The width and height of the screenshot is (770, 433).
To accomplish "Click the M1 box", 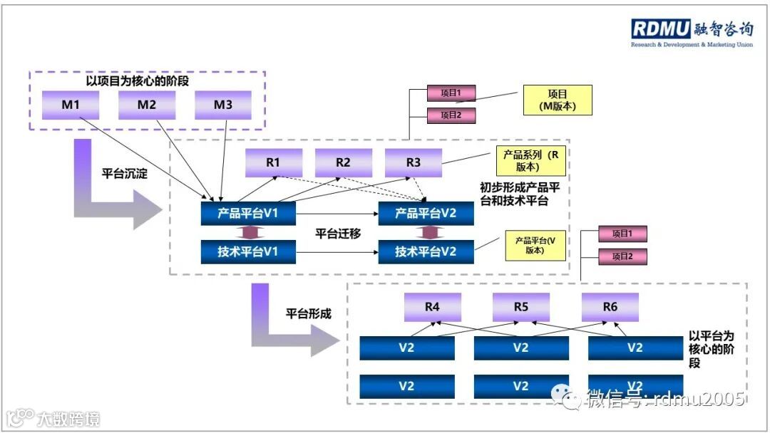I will pos(71,105).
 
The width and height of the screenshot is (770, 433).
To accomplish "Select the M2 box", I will pos(147,105).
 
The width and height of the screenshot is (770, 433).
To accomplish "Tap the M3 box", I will pos(223,105).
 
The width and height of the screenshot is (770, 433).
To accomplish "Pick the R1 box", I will pos(274,162).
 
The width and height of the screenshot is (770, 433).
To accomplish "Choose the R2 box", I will pos(344,162).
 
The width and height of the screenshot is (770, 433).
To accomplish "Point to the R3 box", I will pos(414,162).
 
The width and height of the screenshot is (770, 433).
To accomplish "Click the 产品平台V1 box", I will pos(248,214).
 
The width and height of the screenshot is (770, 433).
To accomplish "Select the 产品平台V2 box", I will pos(426,214).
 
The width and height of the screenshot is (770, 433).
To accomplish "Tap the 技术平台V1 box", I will pos(248,251).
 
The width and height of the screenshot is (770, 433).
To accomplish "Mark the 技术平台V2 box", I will pos(426,251).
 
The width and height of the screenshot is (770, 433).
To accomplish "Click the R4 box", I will pos(433,307).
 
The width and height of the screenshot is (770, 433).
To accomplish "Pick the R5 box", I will pos(521,307).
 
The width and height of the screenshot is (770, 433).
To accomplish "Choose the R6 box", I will pos(610,307).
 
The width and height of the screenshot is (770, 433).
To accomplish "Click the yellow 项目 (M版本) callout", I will pos(558,100).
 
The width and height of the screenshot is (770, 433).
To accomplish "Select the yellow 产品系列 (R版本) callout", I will pos(530,161).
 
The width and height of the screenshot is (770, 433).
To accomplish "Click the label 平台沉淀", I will pos(124,173).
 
